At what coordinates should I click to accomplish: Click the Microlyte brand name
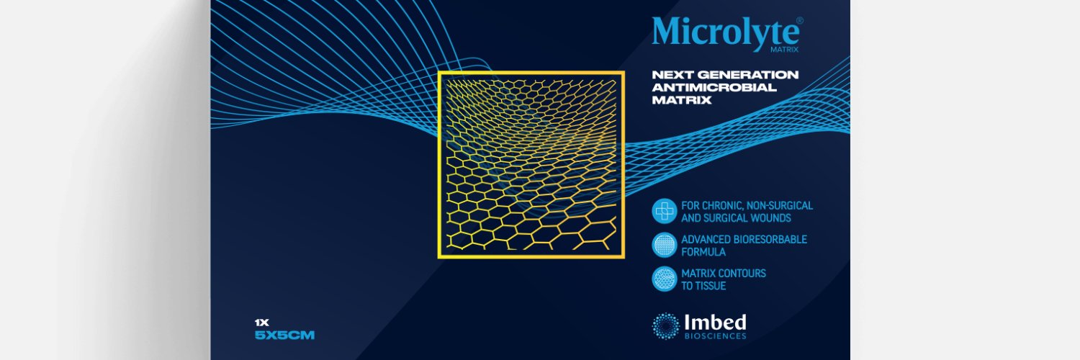click(725, 32)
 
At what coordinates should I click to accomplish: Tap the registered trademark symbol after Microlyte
click(799, 21)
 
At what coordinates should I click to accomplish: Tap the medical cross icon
click(664, 211)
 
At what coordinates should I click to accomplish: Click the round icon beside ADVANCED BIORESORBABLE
click(664, 246)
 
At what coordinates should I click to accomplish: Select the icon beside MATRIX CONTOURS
click(664, 279)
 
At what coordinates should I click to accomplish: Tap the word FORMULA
click(703, 252)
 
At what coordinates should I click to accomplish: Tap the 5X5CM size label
click(286, 336)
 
